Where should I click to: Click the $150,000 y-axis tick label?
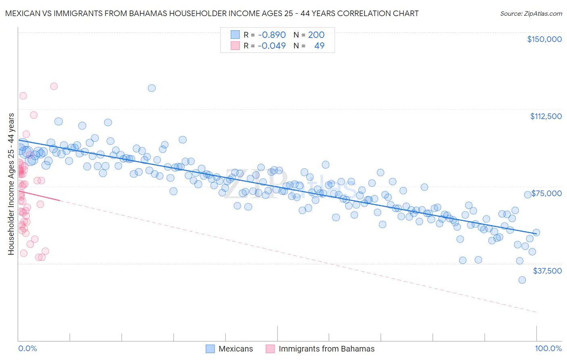click(544, 39)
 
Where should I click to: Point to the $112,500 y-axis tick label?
click(546, 116)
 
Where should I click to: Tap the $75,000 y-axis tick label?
click(546, 193)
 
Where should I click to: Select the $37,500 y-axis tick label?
click(547, 271)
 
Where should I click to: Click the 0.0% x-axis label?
click(27, 349)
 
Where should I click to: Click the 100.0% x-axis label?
click(548, 349)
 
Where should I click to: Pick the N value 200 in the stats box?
click(316, 35)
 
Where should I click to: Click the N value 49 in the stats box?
click(319, 46)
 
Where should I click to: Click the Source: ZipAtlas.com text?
click(531, 14)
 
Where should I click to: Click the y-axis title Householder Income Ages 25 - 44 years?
click(11, 184)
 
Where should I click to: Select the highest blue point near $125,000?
click(152, 88)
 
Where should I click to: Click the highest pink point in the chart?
click(54, 86)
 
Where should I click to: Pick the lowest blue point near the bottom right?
click(522, 280)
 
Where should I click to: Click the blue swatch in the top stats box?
click(235, 35)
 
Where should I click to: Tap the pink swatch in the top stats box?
click(235, 46)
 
